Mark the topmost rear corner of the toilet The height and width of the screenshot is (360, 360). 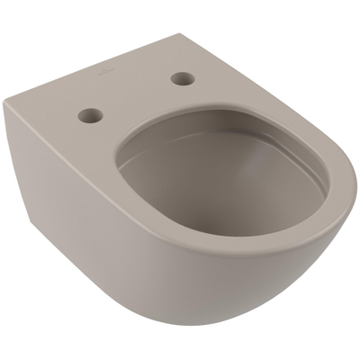188,35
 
